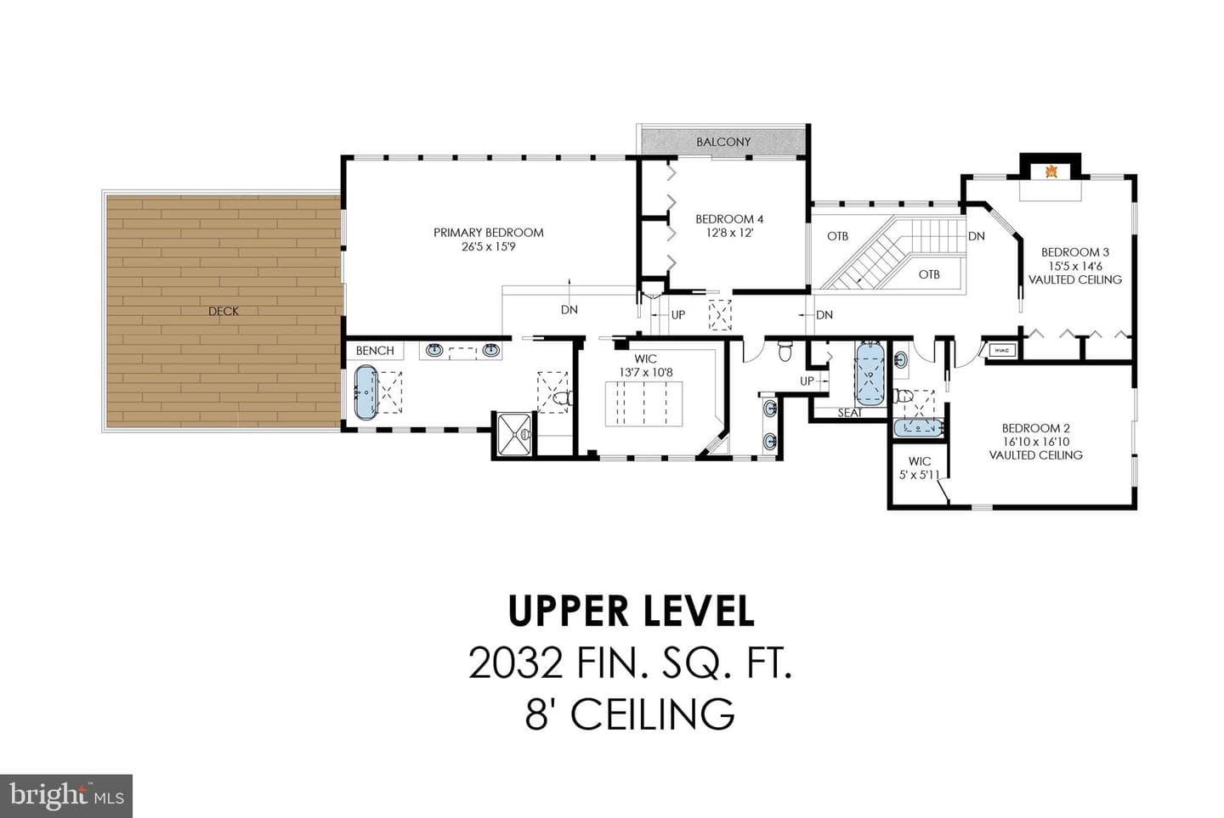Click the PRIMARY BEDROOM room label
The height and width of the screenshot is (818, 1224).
coord(489,233)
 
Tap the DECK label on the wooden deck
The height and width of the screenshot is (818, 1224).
coord(224,311)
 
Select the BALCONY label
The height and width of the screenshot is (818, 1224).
coord(723,142)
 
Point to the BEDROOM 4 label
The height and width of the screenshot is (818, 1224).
coord(729,219)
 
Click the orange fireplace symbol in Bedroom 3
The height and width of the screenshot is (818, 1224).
coord(1051,172)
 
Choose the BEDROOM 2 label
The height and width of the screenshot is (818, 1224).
coord(1036,429)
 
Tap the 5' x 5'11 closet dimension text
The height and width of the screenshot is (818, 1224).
coord(919,475)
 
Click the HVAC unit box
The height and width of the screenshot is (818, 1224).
coord(1001,351)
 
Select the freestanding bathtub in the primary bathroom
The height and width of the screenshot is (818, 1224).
coord(365,392)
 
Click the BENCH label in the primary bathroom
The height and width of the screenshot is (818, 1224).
coord(375,351)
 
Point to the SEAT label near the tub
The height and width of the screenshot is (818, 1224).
coord(850,414)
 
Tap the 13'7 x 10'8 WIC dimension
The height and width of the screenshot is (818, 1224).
coord(646,372)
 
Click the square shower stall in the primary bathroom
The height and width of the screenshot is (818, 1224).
coord(514,433)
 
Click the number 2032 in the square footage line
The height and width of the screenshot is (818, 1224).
coord(517,663)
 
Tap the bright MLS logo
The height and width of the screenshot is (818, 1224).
coord(66,796)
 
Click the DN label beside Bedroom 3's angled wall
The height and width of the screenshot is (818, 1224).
coord(977,236)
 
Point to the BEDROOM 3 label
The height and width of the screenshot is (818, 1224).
coord(1074,252)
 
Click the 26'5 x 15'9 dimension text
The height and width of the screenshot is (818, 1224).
coord(489,247)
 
